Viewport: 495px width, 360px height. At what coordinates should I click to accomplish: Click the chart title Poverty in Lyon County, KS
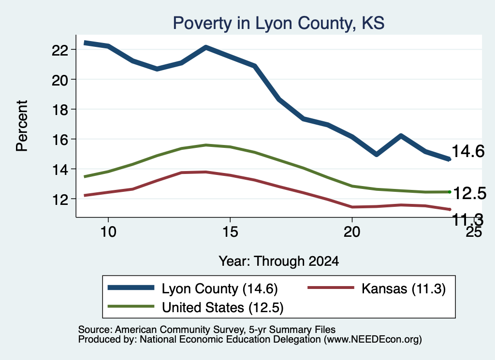[x=278, y=23]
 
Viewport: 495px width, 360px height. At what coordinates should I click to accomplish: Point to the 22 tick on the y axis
[x=59, y=50]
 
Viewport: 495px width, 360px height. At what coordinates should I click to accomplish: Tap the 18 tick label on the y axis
[x=59, y=110]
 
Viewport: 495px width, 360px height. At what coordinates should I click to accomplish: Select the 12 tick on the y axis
[x=59, y=199]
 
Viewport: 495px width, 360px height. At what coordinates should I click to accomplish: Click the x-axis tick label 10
[x=108, y=232]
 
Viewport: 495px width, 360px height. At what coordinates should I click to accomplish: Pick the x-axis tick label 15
[x=230, y=232]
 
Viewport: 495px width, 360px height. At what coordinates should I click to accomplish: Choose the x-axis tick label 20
[x=352, y=232]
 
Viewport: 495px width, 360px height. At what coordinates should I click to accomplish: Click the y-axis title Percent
[x=22, y=126]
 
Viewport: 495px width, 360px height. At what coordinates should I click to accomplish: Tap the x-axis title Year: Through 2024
[x=279, y=261]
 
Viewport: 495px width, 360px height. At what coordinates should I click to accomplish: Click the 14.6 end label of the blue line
[x=468, y=151]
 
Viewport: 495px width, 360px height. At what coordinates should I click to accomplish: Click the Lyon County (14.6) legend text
[x=220, y=288]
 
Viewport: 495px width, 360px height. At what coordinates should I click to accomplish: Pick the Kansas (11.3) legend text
[x=404, y=288]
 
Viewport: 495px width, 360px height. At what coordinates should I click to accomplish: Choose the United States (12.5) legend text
[x=222, y=308]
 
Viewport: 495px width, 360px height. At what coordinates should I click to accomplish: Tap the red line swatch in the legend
[x=331, y=288]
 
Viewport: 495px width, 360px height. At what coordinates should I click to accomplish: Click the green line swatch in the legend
[x=131, y=306]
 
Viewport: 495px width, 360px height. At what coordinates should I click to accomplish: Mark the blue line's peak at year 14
[x=206, y=48]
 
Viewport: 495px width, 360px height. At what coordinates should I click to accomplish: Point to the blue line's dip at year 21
[x=376, y=154]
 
